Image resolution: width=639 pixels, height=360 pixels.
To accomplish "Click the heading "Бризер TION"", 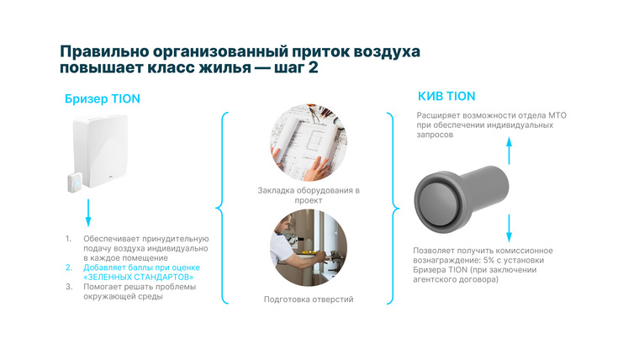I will point(102,98).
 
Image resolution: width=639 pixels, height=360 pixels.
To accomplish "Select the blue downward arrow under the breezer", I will point(87,213).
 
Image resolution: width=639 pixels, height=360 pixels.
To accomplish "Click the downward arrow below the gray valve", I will point(507,229).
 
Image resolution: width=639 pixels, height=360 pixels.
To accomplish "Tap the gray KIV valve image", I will point(461,192).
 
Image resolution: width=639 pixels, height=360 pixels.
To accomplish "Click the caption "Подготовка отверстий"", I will point(309,299).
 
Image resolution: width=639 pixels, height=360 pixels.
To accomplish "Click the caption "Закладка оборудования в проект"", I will point(309,195).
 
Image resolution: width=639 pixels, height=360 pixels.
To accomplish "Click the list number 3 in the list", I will point(69,287).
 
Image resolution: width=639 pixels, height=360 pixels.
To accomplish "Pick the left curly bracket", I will point(221,206).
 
